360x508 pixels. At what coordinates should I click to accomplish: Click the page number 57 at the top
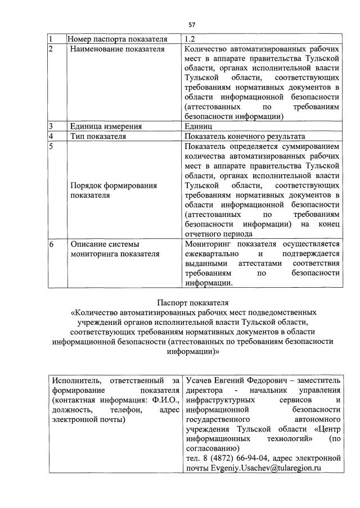(x=192, y=25)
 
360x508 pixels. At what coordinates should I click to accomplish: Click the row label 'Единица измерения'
(x=105, y=126)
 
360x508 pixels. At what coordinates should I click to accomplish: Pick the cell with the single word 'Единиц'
(x=198, y=126)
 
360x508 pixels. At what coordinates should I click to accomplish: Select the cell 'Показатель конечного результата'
(x=244, y=136)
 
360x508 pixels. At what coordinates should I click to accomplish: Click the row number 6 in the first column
(x=51, y=244)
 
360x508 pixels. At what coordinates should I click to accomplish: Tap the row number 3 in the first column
(x=51, y=126)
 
